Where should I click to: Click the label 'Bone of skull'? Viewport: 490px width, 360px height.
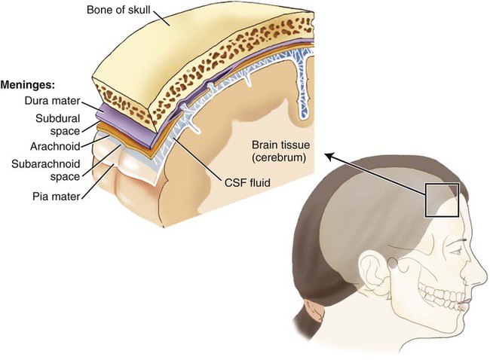coord(118,10)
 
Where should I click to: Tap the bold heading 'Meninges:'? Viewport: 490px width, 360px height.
coord(28,85)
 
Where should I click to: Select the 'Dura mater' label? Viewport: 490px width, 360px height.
coord(53,101)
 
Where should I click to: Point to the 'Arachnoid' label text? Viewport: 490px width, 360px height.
coord(55,146)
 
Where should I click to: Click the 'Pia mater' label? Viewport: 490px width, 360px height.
coord(57,197)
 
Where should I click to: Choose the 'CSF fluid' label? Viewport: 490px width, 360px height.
coord(247,182)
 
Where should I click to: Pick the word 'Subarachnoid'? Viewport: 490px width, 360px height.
coord(46,164)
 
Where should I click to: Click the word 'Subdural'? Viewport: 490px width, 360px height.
coord(58,118)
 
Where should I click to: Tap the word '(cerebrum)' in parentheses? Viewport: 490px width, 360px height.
coord(279,157)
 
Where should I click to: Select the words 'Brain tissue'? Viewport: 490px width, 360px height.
coord(280,145)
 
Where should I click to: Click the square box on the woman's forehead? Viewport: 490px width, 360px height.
coord(442,185)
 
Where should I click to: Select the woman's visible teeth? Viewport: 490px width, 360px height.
coord(441,297)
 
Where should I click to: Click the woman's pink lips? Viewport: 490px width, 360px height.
coord(465,304)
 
